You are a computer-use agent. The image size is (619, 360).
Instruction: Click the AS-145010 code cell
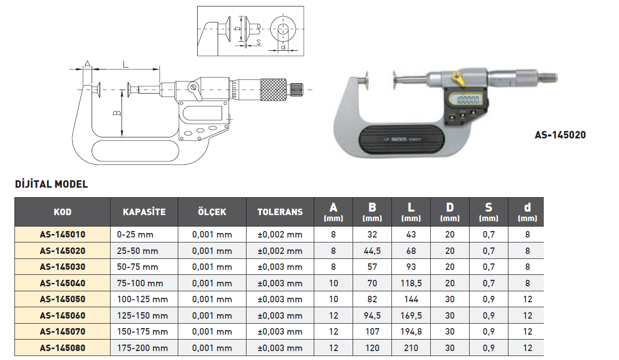(62, 235)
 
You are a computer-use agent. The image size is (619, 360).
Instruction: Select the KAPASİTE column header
(144, 212)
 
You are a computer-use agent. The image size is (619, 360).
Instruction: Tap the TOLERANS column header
(280, 212)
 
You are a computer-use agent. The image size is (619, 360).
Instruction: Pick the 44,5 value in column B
(372, 251)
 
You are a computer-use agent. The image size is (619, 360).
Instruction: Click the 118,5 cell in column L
(411, 283)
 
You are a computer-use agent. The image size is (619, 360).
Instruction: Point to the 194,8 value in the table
(411, 332)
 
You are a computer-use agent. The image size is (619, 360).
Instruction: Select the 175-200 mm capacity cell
(142, 348)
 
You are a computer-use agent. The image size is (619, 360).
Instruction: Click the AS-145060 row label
(62, 316)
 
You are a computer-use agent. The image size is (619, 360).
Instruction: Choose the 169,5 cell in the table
(411, 316)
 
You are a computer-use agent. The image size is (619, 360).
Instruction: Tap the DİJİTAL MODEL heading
(51, 184)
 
